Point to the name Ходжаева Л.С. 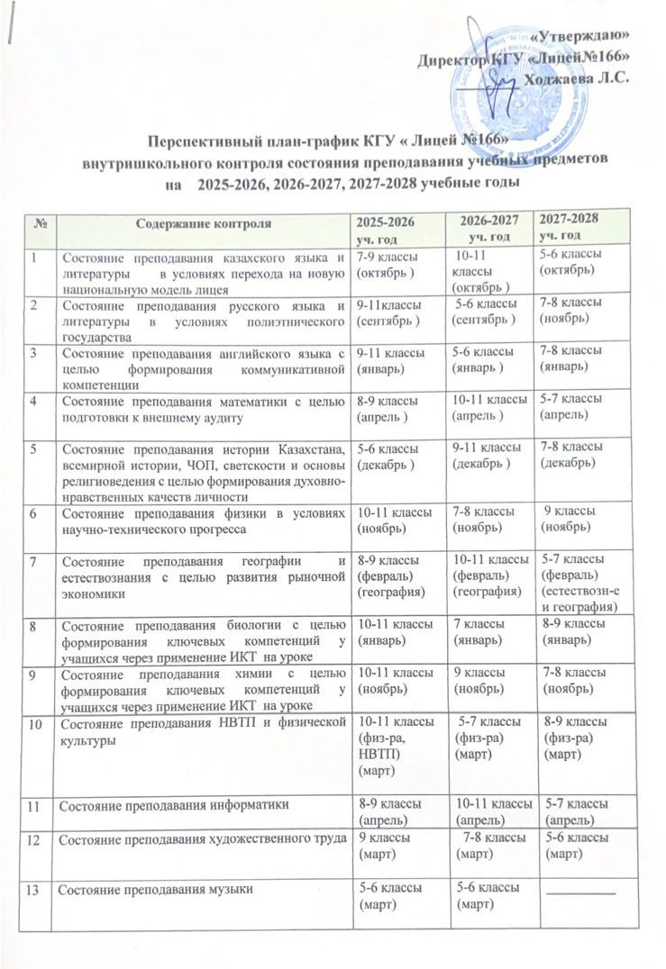click(x=577, y=77)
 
